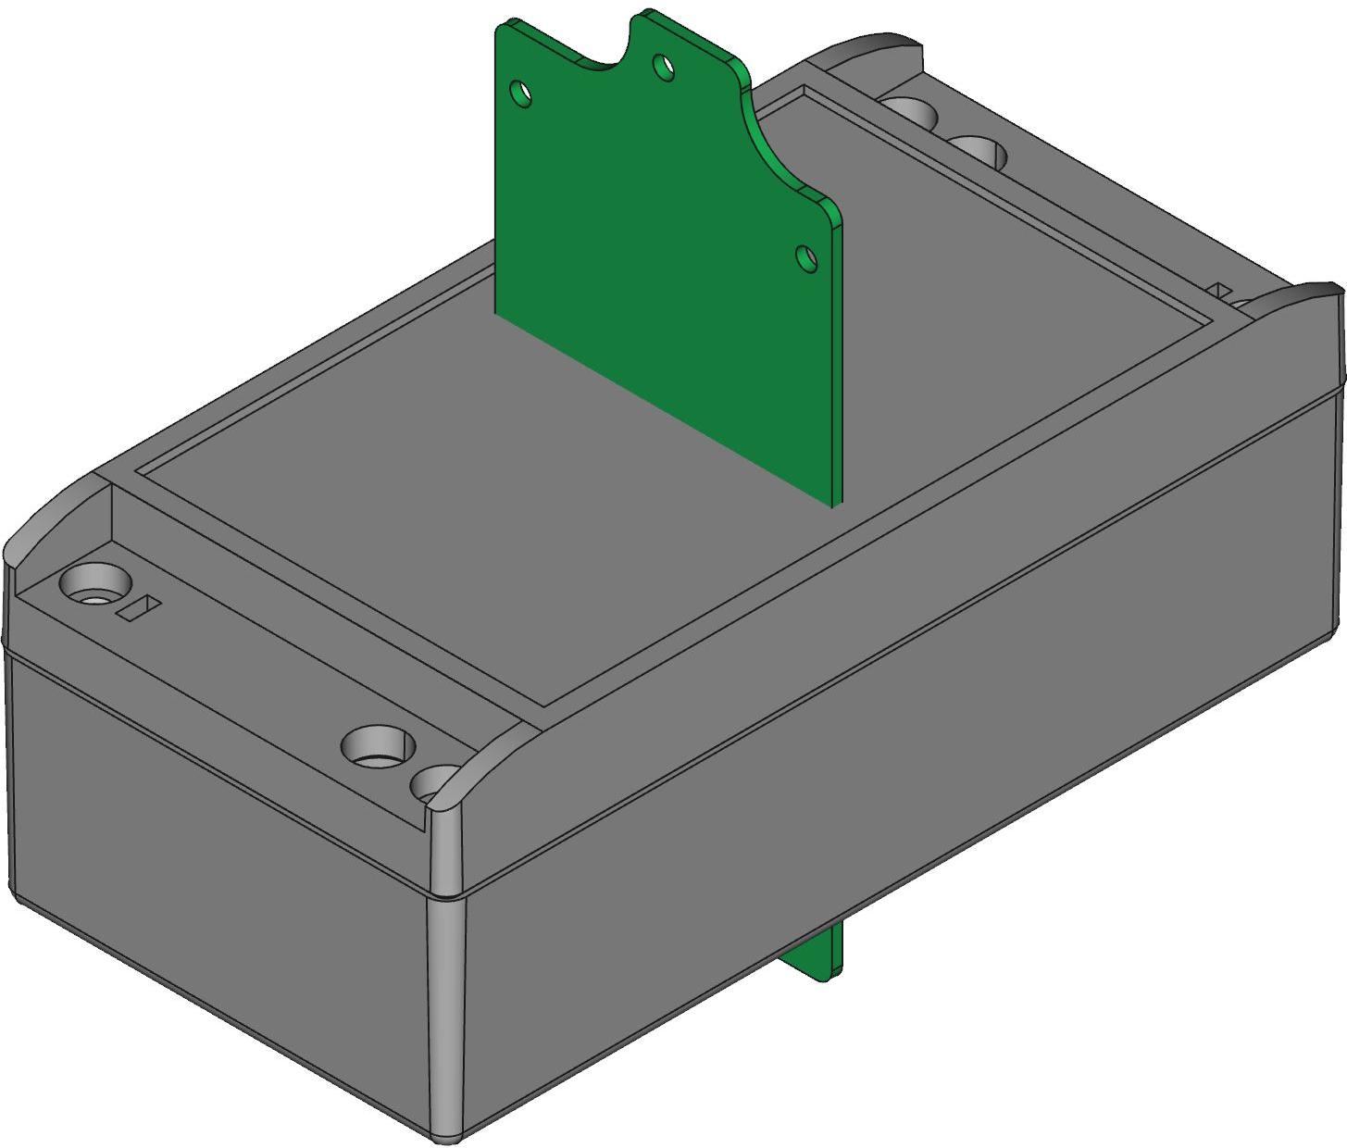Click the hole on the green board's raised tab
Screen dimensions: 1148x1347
point(664,67)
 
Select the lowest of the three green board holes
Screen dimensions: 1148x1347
point(807,258)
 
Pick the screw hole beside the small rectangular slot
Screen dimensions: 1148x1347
point(93,585)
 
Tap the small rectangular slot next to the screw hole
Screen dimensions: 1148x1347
point(139,608)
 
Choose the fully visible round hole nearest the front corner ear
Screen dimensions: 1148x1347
point(377,744)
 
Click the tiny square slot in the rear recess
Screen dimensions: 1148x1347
point(1222,291)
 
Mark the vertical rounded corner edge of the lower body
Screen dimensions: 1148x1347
point(444,1018)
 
